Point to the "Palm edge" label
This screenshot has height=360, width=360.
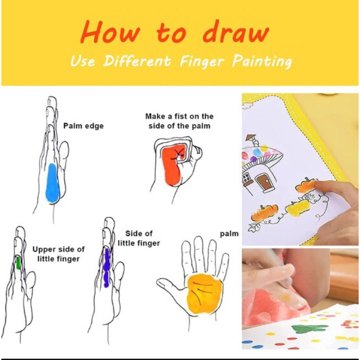pyautogui.click(x=83, y=126)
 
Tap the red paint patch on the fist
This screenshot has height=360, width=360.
pyautogui.click(x=173, y=164)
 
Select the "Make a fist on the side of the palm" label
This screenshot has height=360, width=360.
pyautogui.click(x=180, y=121)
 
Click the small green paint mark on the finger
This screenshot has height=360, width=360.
pyautogui.click(x=18, y=262)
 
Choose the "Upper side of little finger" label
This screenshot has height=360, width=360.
pyautogui.click(x=58, y=254)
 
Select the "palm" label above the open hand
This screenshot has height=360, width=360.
pyautogui.click(x=229, y=234)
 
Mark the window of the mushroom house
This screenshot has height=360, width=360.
pyautogui.click(x=247, y=180)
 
